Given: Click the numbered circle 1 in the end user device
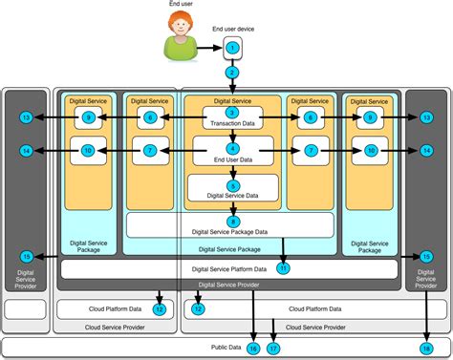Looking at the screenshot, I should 230,48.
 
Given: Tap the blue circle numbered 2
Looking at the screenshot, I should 230,73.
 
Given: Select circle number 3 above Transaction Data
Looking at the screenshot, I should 232,113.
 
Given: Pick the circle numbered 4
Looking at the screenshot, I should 232,148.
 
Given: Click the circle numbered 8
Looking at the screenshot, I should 232,222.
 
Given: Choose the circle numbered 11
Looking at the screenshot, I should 284,268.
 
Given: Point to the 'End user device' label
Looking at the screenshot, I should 231,30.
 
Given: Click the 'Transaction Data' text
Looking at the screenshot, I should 232,123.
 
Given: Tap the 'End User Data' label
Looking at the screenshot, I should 232,159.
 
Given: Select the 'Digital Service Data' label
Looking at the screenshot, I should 232,196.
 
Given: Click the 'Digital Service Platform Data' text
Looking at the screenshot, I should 230,270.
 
